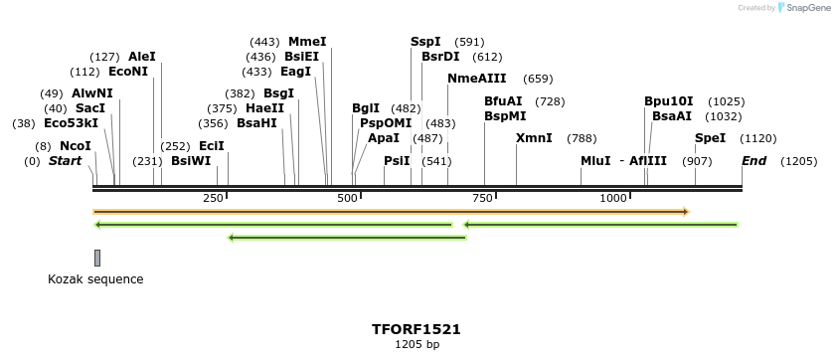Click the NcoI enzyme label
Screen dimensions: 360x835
pos(76,146)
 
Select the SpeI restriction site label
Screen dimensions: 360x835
pos(710,138)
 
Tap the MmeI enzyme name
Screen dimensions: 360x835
pos(307,42)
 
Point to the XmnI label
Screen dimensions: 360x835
pos(534,138)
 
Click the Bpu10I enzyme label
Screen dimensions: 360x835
pos(668,101)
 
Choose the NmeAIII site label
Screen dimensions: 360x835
pos(477,79)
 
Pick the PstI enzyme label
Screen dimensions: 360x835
pos(397,161)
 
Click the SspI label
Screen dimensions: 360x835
pos(425,42)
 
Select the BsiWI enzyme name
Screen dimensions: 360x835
pos(191,161)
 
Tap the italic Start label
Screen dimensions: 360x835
pos(65,161)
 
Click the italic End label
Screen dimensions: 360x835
pos(754,161)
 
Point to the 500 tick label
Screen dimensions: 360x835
pos(348,199)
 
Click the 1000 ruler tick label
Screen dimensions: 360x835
pos(613,199)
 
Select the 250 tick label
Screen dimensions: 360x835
pos(213,199)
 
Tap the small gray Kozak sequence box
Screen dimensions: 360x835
pos(97,259)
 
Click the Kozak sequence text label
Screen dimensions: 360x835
pos(95,279)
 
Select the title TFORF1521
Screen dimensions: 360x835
pos(417,329)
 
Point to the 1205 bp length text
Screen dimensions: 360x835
pos(417,345)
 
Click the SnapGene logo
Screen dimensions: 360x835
pos(801,8)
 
